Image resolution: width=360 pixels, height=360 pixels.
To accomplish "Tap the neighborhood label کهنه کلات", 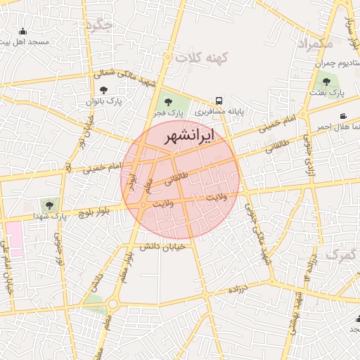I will [x=207, y=58].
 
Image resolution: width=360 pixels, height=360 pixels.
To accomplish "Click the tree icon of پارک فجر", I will [x=167, y=103].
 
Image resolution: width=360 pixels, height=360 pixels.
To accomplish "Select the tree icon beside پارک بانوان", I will [x=104, y=90].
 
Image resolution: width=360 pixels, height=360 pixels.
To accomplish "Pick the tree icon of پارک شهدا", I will [x=49, y=205].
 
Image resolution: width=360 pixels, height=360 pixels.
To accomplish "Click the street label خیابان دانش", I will [x=162, y=246].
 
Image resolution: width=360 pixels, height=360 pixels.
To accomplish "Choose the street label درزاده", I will [x=240, y=288].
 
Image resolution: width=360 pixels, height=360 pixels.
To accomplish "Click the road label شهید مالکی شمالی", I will [x=124, y=77].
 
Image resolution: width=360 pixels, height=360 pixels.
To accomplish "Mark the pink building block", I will [x=14, y=240].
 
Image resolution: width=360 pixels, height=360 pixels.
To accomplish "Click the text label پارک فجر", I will [x=169, y=112].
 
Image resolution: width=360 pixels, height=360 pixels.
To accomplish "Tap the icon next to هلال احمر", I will [x=343, y=116].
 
